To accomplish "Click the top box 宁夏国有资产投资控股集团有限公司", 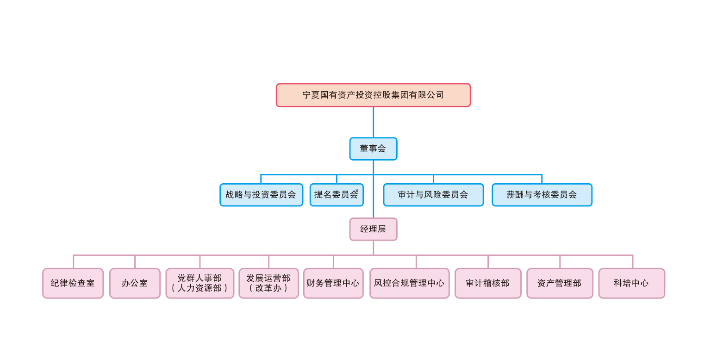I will point(373,95).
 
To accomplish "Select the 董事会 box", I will point(373,149).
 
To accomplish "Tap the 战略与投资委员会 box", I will point(261,195).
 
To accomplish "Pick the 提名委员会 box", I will point(336,195).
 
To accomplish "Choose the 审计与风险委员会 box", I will point(433,195).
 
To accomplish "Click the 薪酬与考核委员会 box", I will point(542,195).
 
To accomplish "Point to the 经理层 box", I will point(373,229).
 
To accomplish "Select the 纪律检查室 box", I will point(73,283).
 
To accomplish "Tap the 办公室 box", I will point(135,283).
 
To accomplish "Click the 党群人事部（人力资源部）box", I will point(200,283).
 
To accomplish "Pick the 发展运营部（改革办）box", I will point(268,283).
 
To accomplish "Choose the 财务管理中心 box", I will point(333,283).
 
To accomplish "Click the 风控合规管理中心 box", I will point(409,283).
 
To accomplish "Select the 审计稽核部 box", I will point(488,283).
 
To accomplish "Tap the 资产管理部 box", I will point(560,283).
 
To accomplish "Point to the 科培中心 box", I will point(631,283).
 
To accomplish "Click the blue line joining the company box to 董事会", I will point(373,122).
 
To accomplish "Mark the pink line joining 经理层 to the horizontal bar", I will point(373,248).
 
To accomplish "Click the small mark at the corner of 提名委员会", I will point(357,190).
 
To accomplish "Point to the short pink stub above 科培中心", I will point(633,261).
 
